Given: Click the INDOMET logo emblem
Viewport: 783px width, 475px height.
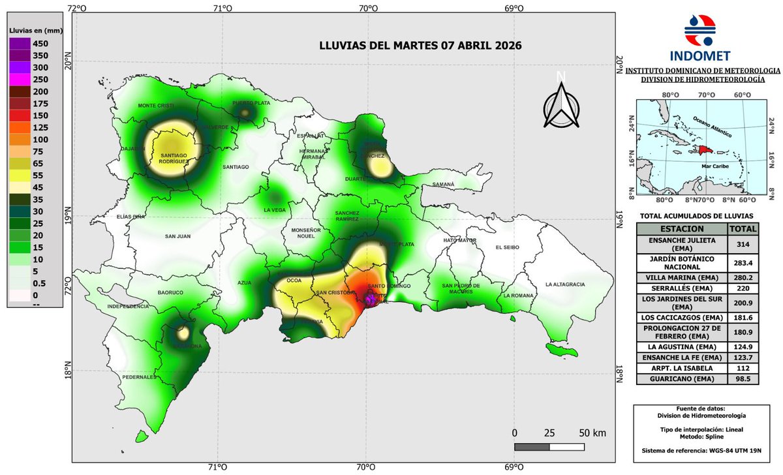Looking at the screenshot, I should [x=699, y=27].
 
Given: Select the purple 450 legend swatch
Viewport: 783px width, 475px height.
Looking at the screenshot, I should [x=18, y=44].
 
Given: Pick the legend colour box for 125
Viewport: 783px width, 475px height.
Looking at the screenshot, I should [x=18, y=127].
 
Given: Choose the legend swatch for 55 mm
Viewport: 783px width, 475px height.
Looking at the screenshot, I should [x=18, y=176].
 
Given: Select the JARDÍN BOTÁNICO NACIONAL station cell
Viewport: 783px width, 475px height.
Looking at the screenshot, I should [x=681, y=262].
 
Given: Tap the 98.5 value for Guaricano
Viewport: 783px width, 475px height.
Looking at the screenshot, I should [x=743, y=379].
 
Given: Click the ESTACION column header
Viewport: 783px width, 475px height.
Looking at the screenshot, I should [x=681, y=229].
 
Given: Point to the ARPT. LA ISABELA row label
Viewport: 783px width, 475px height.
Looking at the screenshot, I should [x=681, y=367].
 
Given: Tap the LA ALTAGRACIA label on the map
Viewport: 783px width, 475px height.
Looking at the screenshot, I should [x=565, y=284].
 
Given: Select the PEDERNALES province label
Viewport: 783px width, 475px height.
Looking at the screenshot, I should [x=138, y=377].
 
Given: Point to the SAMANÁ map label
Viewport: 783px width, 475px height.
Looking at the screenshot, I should [x=443, y=185].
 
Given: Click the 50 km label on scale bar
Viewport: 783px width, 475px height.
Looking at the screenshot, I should [x=591, y=433].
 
